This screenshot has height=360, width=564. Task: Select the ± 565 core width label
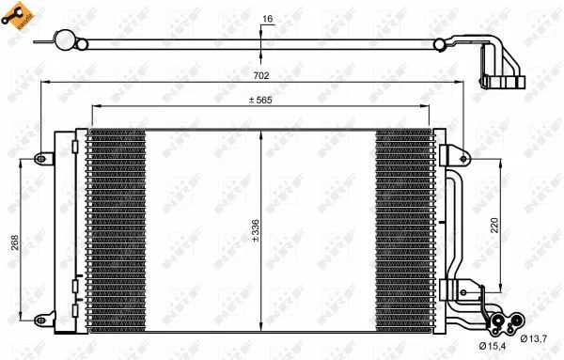click(261, 101)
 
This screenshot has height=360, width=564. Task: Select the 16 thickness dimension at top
click(267, 19)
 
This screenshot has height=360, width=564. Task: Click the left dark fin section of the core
click(116, 230)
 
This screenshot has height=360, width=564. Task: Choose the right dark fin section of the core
click(406, 230)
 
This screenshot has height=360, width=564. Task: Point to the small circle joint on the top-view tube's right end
click(439, 44)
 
